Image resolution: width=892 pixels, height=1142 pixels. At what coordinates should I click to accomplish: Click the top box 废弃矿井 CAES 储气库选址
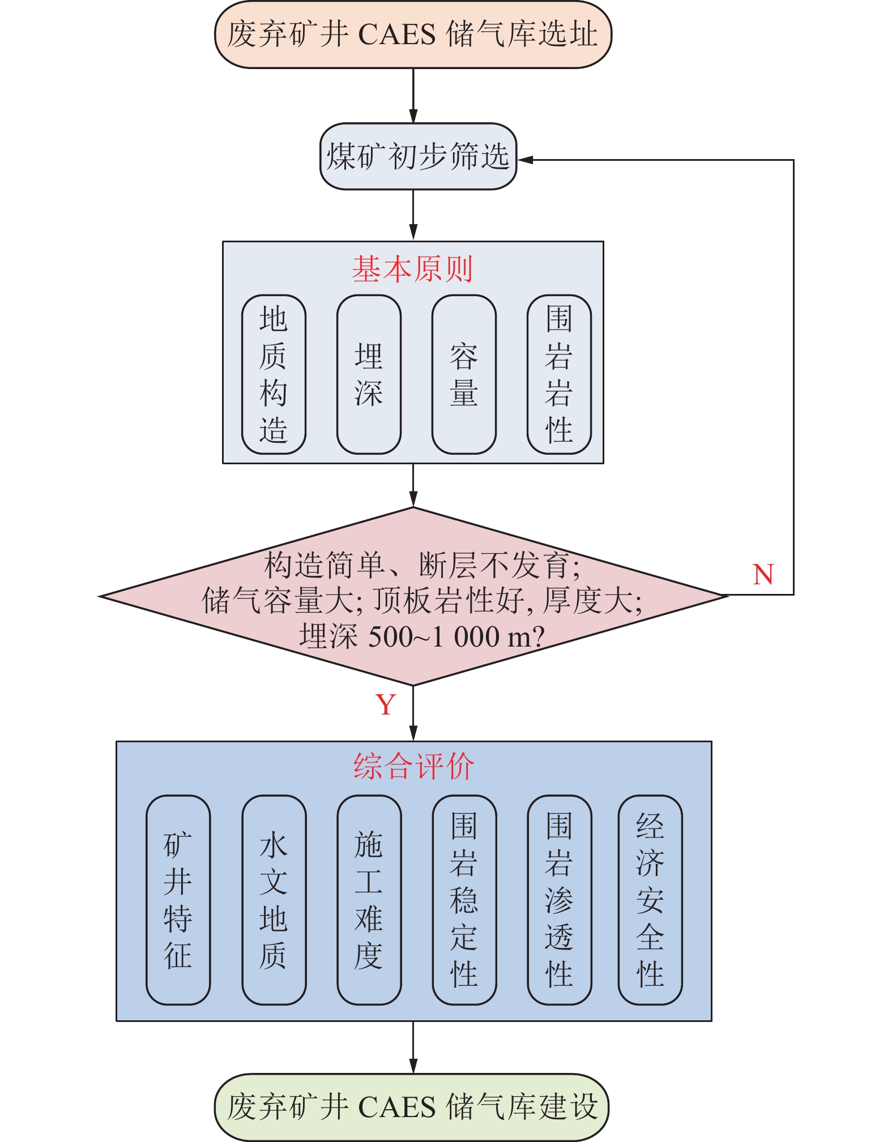(x=413, y=35)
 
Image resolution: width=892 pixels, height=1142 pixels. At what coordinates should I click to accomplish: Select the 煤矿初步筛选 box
(x=418, y=156)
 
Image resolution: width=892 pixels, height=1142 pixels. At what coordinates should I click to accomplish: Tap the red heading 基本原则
(x=412, y=269)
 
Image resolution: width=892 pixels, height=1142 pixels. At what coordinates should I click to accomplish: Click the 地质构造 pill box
(x=274, y=374)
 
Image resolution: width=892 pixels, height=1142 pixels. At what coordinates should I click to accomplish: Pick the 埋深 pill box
(x=369, y=374)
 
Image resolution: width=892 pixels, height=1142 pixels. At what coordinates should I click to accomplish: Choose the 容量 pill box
(x=464, y=374)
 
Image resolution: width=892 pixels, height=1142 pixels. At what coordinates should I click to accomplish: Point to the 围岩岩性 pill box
(x=559, y=374)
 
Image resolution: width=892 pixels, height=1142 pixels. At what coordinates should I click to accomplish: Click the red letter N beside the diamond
(x=763, y=575)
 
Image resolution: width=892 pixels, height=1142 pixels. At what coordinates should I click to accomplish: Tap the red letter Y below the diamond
(x=386, y=705)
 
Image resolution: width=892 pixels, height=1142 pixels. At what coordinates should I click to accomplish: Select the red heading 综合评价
(x=413, y=767)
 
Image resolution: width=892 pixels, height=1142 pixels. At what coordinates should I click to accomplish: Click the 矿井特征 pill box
(x=178, y=900)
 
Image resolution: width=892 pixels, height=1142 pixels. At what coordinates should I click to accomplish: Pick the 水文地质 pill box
(x=274, y=900)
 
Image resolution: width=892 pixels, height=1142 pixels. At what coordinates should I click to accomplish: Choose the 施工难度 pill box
(x=369, y=900)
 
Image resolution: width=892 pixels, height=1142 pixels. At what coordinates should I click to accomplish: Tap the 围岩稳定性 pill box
(x=464, y=900)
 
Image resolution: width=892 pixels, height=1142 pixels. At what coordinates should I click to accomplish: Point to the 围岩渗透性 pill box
(x=559, y=900)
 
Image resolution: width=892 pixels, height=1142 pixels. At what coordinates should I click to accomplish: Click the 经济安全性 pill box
(x=650, y=900)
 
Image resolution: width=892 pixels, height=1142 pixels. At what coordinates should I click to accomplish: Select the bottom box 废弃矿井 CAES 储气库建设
(x=412, y=1107)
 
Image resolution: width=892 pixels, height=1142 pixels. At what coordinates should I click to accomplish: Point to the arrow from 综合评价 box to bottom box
(x=413, y=1047)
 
